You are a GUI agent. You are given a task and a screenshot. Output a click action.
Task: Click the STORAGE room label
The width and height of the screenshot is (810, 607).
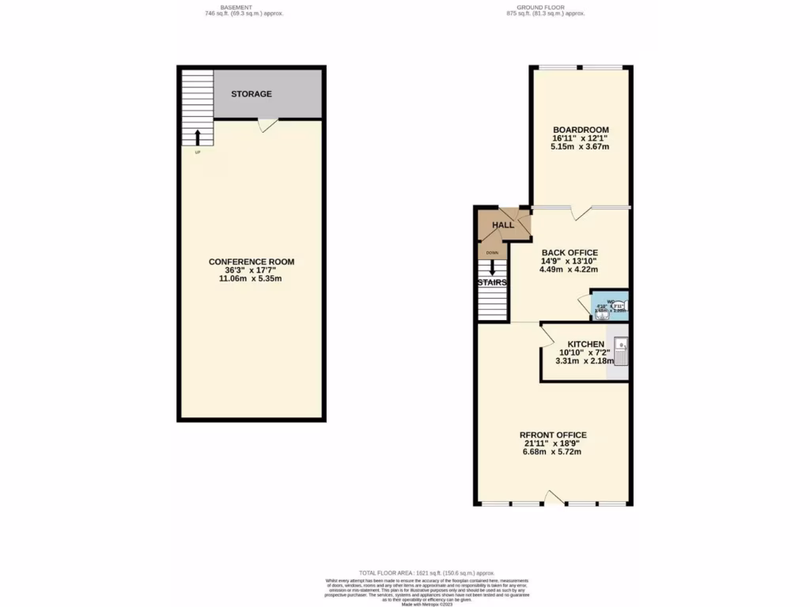pos(251,94)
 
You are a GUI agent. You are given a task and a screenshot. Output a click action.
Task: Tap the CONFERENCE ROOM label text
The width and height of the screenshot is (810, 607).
pos(251,262)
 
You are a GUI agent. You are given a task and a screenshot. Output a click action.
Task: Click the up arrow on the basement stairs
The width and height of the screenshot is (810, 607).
pos(197,138)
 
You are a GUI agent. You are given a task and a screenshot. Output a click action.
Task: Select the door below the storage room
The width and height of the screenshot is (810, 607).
pos(267,124)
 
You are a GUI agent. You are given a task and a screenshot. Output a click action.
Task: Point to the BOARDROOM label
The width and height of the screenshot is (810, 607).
pos(581,129)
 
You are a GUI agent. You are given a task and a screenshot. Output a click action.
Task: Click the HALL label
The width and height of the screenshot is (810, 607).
pos(503,225)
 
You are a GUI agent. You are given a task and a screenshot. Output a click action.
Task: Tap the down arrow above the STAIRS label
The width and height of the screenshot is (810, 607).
pos(492,267)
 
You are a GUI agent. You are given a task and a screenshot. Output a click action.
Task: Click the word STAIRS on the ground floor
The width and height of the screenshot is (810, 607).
pos(491,282)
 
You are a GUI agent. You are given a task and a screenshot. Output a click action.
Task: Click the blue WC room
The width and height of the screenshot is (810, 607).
pos(609,305)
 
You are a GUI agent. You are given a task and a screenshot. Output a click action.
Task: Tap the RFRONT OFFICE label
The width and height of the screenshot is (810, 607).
pos(552,435)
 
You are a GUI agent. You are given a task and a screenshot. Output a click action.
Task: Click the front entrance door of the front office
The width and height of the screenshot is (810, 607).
pos(555,497)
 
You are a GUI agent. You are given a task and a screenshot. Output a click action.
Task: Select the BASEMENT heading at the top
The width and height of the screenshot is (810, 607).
pos(236,7)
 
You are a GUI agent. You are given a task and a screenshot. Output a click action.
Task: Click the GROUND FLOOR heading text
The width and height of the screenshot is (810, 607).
pos(545,7)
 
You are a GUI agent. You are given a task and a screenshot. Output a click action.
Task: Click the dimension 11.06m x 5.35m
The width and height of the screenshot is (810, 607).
pos(251,279)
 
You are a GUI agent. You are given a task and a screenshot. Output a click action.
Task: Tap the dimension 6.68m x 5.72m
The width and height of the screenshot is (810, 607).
pos(552,452)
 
